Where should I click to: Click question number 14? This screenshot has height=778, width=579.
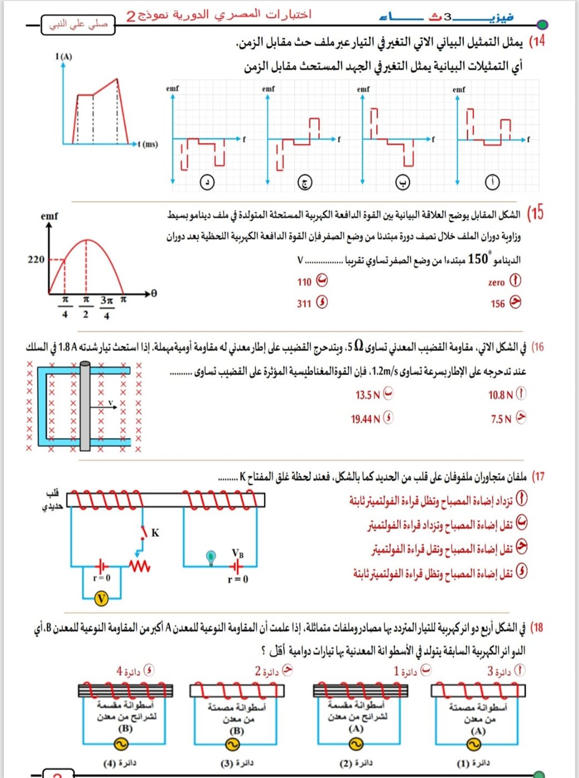[x=537, y=42]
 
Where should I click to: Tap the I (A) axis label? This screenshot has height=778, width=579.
[x=63, y=56]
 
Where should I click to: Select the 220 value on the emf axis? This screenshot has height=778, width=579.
[x=36, y=259]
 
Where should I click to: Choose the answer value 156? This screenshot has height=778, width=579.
[x=498, y=303]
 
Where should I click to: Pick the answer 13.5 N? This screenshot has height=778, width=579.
[x=368, y=395]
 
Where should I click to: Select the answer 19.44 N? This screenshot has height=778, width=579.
[x=365, y=419]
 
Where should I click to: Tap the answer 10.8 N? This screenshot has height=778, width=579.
[x=501, y=395]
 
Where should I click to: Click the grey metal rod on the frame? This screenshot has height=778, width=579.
[x=85, y=406]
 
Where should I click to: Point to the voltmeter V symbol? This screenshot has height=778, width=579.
[x=101, y=598]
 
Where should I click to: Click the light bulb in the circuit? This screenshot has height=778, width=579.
[x=211, y=556]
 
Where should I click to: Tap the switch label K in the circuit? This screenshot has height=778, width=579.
[x=155, y=532]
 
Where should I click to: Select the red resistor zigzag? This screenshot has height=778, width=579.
[x=140, y=566]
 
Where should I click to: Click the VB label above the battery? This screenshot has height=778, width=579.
[x=237, y=553]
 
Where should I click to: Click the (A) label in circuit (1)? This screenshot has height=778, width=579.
[x=478, y=731]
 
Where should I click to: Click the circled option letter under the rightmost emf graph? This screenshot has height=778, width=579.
[x=492, y=182]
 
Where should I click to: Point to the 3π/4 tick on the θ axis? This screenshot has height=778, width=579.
[x=106, y=307]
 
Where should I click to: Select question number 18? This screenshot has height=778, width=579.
[x=537, y=628]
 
